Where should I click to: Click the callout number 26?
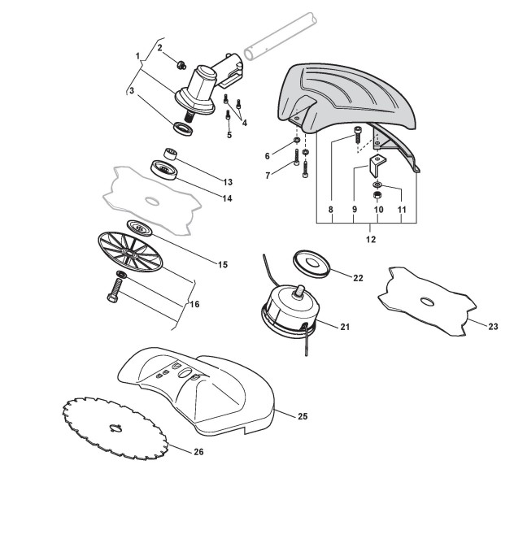point(198,452)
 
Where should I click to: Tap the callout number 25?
point(302,416)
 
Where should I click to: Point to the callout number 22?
point(359,277)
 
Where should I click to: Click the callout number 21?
point(344,327)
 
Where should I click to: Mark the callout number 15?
point(223,264)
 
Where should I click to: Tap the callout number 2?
point(160,48)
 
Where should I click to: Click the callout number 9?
point(355,210)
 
